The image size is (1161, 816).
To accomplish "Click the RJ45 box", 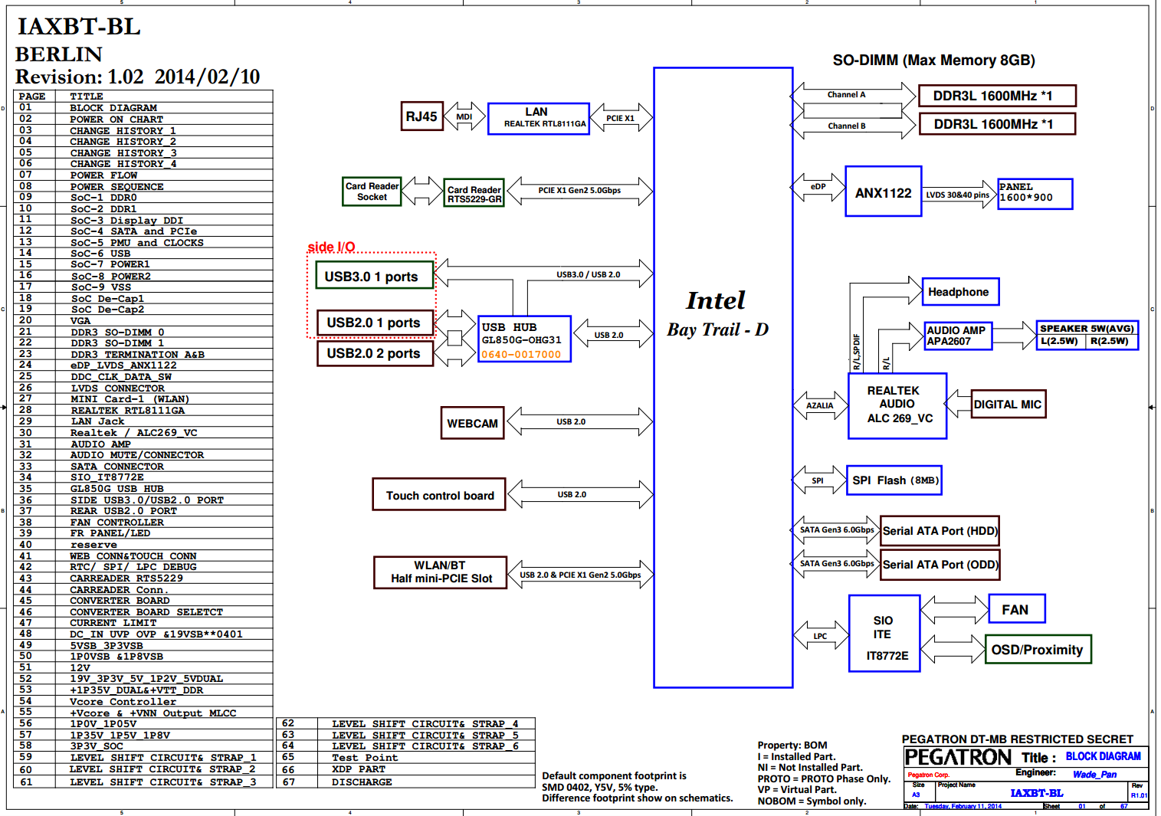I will (421, 116).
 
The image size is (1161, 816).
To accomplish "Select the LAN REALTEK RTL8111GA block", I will (538, 118).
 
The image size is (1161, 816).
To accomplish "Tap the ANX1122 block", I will (883, 192).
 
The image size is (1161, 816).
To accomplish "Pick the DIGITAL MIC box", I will (1007, 405).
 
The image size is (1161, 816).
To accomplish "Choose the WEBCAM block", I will (472, 423).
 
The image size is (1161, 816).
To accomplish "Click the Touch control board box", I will (439, 495).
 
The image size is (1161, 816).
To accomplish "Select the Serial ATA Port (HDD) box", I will (940, 531).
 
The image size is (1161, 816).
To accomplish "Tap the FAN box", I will (1016, 609).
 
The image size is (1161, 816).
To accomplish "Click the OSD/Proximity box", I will (1037, 650).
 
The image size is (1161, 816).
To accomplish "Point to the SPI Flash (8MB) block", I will (894, 480).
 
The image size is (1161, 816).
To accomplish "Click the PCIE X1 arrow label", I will (620, 118).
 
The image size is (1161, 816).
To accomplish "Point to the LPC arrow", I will (820, 636).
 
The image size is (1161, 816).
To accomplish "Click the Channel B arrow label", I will (846, 126).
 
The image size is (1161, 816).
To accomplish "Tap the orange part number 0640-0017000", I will (521, 355).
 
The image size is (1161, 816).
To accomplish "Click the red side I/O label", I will (331, 247).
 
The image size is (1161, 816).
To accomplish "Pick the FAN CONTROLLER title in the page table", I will (116, 523).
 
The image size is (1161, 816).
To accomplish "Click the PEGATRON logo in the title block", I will (958, 758).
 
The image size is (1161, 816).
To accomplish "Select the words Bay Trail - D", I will (717, 329).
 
